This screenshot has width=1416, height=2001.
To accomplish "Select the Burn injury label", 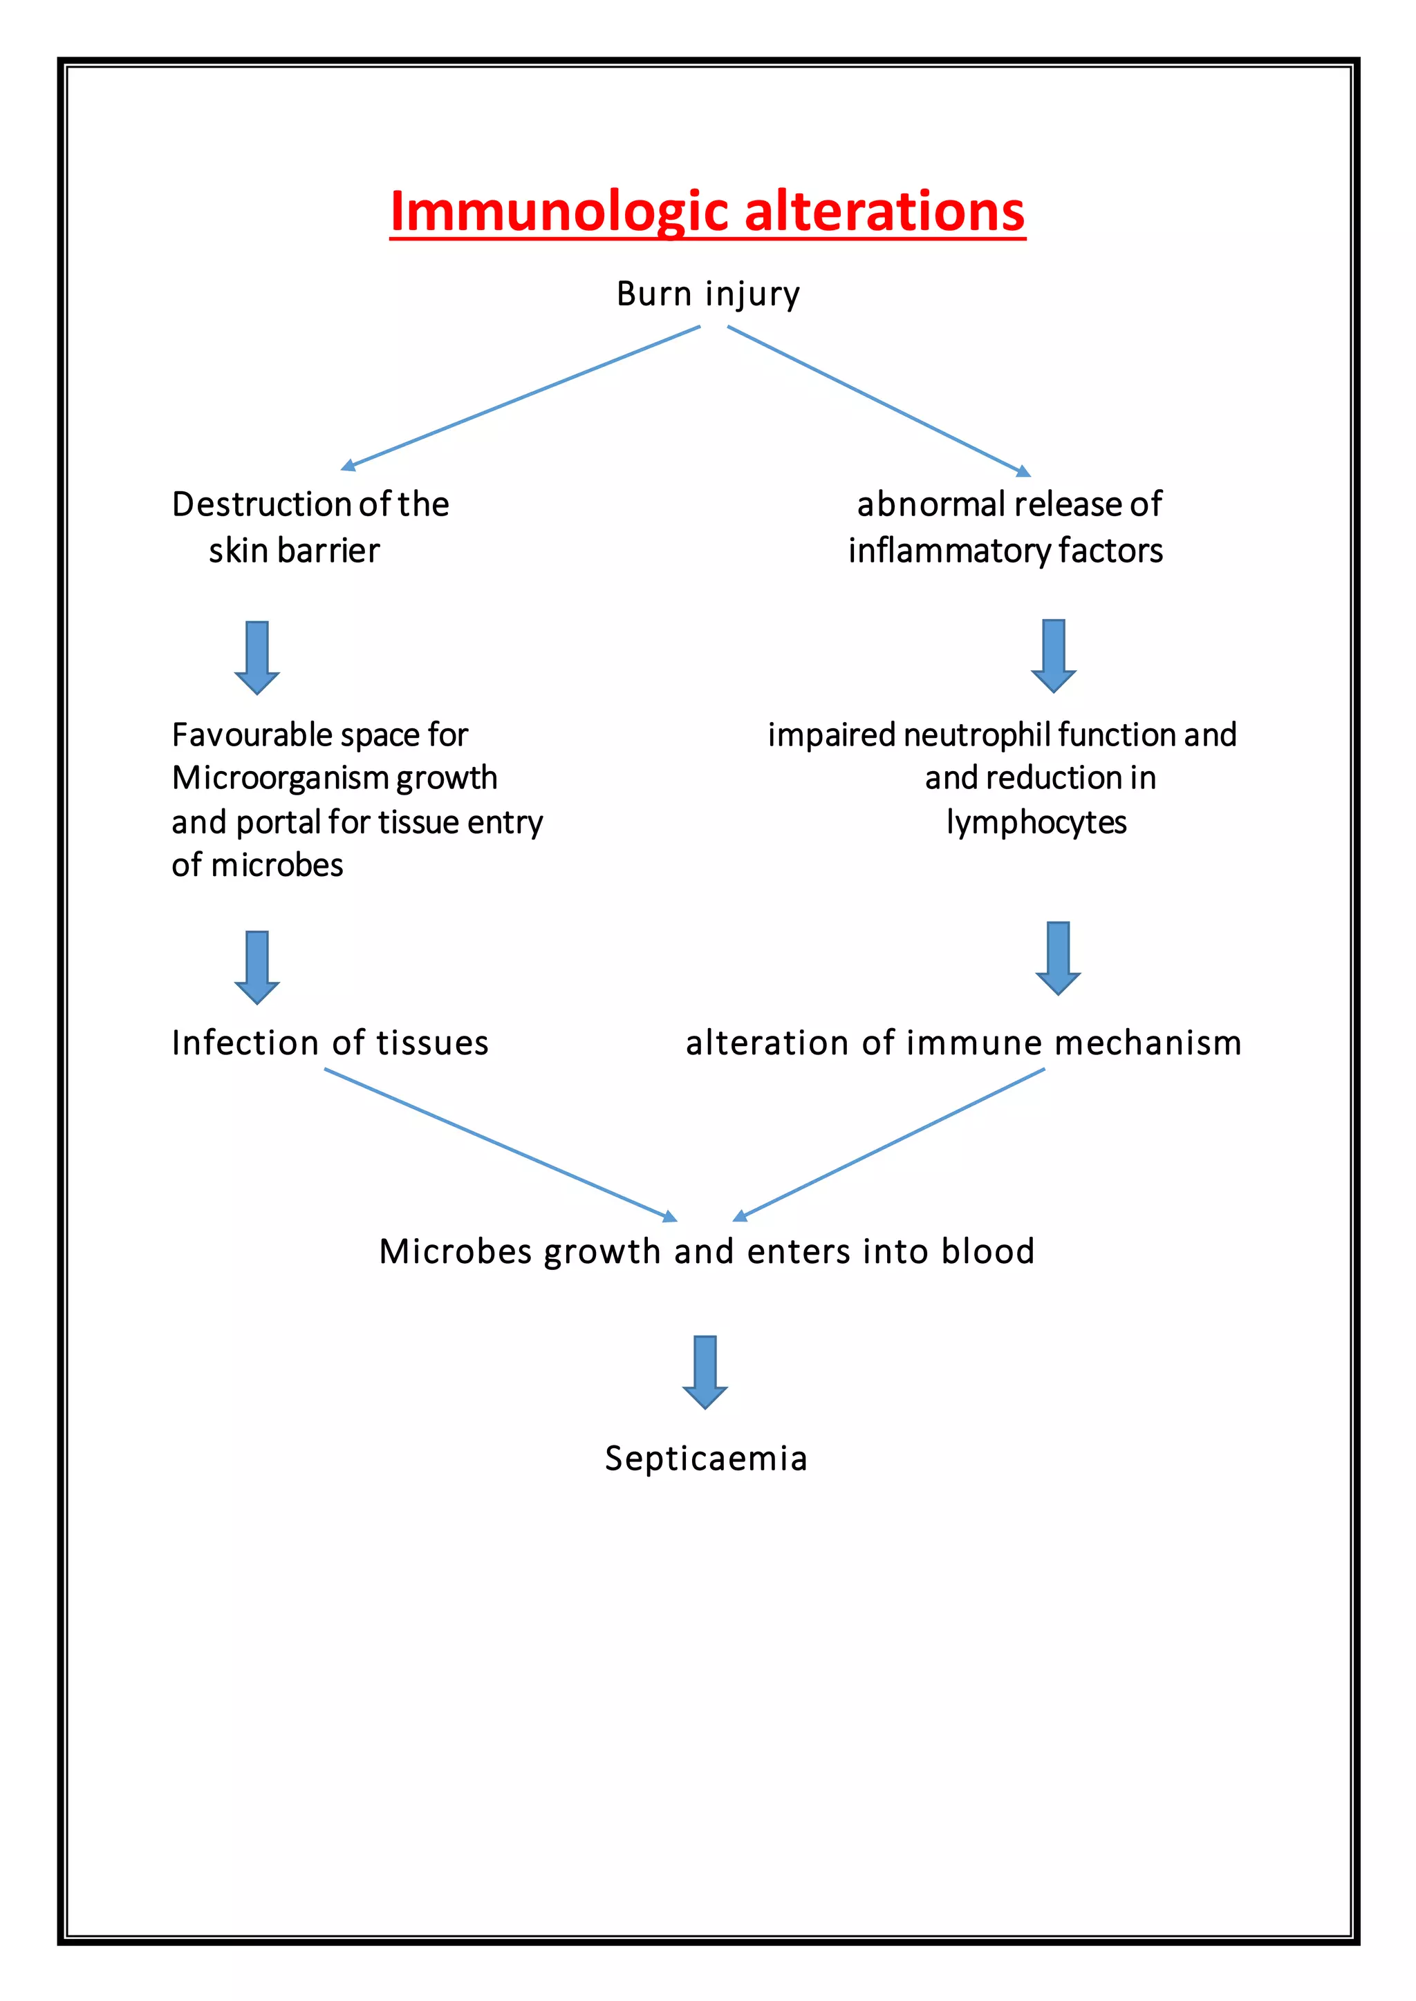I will (707, 294).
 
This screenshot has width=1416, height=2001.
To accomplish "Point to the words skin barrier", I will (294, 551).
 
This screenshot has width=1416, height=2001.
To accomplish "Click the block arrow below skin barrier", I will (257, 657).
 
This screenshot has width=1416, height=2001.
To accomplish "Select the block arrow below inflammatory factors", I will (1053, 656).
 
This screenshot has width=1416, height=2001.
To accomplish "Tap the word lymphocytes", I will (1036, 822).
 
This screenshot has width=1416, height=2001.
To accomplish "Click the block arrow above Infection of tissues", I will (257, 967).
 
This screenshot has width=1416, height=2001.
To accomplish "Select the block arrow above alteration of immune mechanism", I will (1058, 957).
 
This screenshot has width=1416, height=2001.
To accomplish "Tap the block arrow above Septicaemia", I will (705, 1371).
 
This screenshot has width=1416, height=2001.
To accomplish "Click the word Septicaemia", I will (706, 1459).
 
